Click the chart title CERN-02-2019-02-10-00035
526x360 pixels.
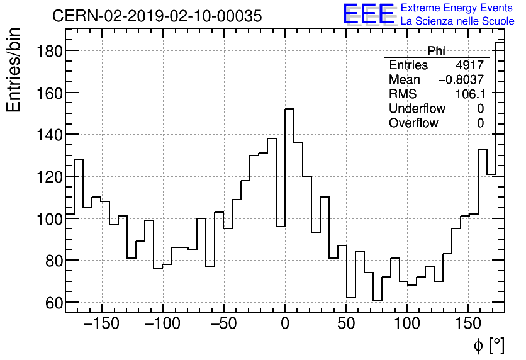[157, 16]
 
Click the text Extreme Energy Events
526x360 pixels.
[457, 8]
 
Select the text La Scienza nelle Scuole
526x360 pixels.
[457, 21]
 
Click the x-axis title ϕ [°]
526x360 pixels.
[489, 345]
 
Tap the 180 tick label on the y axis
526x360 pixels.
[48, 51]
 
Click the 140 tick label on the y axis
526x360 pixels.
[48, 135]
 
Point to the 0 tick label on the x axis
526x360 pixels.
[285, 324]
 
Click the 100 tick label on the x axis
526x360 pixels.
[407, 324]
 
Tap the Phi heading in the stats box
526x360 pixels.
[436, 52]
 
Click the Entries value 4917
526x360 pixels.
[470, 65]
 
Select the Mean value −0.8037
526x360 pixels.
[461, 80]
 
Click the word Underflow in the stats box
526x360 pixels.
[417, 108]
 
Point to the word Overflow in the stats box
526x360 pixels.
[413, 123]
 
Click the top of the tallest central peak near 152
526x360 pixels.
[289, 109]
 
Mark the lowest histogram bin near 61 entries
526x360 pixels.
[378, 300]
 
